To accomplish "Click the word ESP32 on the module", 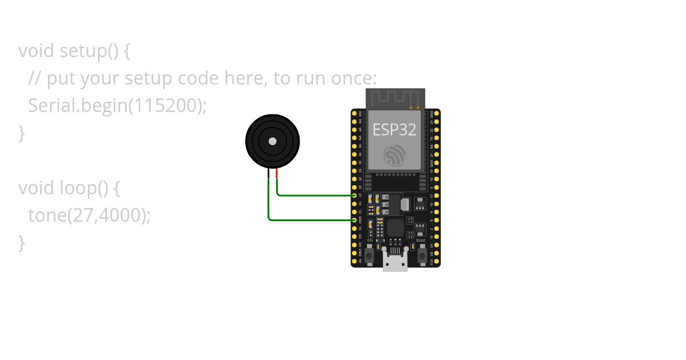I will (x=394, y=129).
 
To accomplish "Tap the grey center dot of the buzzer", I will (x=273, y=141).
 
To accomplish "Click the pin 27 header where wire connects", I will (x=354, y=195).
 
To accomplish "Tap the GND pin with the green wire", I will (x=354, y=220).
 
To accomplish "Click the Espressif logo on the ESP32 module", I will (x=395, y=155).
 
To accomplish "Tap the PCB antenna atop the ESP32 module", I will (x=395, y=98).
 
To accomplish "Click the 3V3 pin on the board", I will (x=354, y=114).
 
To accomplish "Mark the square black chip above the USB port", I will (x=395, y=228).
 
